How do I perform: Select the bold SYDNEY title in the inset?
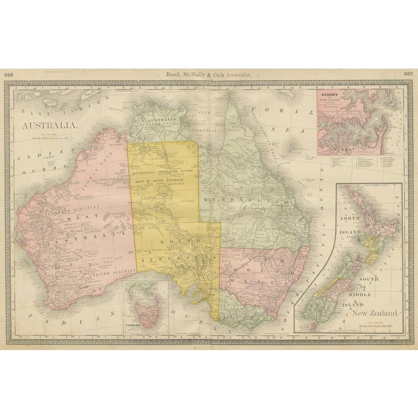point(327,95)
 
